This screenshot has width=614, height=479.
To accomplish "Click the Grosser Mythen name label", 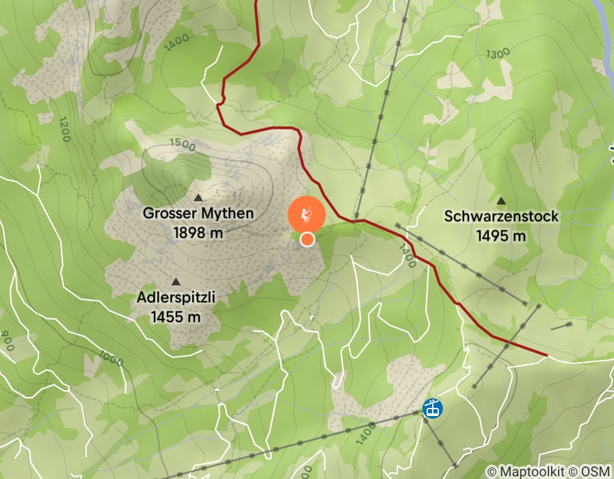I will (198, 213).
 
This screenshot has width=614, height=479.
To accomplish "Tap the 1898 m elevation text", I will (198, 233).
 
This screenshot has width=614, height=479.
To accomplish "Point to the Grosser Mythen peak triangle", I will (198, 197).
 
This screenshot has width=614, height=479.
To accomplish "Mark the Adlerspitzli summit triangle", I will (176, 282).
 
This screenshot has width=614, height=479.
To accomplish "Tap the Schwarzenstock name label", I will (501, 217).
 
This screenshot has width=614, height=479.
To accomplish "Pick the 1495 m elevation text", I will (501, 236).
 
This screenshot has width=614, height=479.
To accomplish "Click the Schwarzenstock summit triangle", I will (501, 201).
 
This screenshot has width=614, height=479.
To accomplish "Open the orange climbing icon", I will (306, 214).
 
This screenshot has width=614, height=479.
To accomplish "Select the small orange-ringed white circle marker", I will (308, 239).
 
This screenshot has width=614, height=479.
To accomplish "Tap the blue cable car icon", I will (432, 409).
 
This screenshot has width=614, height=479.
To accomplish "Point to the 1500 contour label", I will (183, 145).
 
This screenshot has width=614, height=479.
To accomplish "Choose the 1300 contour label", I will (498, 53).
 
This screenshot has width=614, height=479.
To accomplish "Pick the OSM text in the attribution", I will (596, 471).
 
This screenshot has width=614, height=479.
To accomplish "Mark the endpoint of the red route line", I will (547, 355).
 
